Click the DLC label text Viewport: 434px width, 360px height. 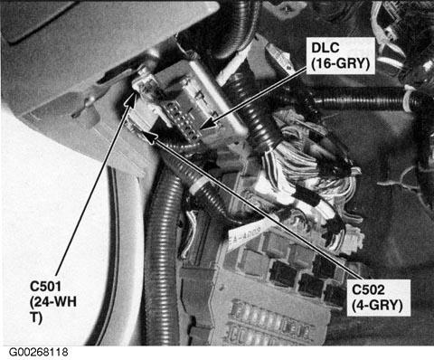click(325, 47)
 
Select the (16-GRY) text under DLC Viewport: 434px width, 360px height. click(340, 64)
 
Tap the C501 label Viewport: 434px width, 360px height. click(45, 286)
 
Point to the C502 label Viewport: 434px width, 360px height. click(368, 289)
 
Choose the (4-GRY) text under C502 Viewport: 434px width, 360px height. click(377, 306)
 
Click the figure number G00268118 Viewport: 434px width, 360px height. click(38, 352)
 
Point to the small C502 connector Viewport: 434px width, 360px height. click(139, 126)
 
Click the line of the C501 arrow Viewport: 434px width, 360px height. click(94, 183)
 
